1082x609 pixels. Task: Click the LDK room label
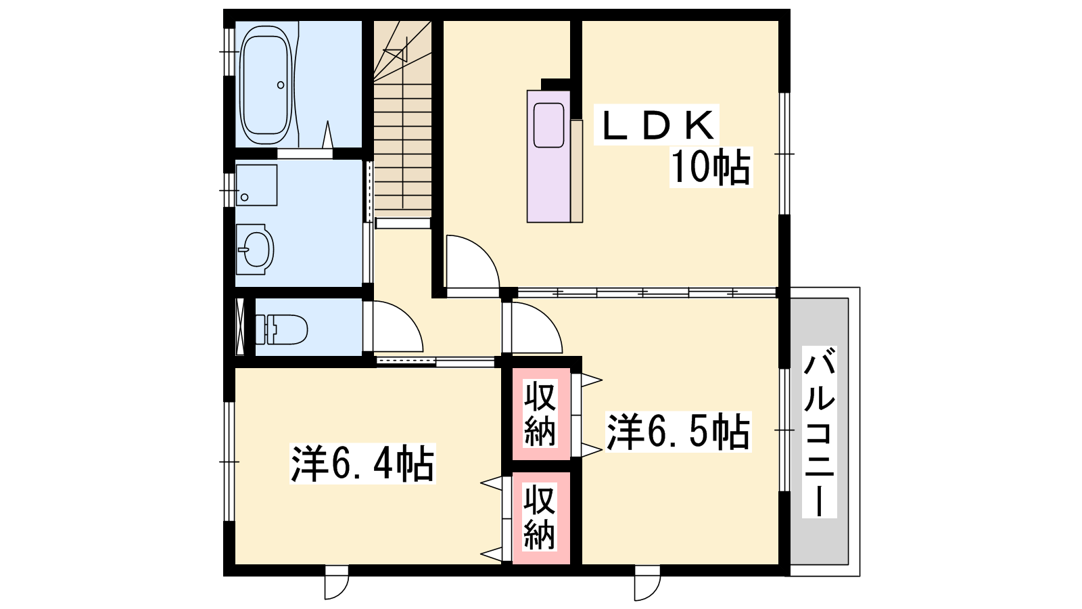click(x=657, y=125)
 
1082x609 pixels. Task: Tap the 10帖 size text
click(x=711, y=166)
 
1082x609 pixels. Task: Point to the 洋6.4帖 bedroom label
click(x=362, y=464)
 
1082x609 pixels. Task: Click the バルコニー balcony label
click(x=819, y=432)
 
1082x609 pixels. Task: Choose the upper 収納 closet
click(x=541, y=413)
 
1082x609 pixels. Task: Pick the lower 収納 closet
click(x=541, y=517)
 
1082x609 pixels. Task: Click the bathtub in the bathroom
click(x=266, y=85)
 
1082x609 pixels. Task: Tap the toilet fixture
click(x=281, y=329)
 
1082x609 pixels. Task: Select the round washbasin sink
click(x=256, y=250)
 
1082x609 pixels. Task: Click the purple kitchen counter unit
click(x=549, y=156)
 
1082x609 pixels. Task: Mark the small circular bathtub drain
click(x=281, y=85)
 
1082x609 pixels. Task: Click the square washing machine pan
click(x=256, y=185)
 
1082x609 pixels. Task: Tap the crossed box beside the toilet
click(x=240, y=327)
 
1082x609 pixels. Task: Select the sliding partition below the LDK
click(x=647, y=292)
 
